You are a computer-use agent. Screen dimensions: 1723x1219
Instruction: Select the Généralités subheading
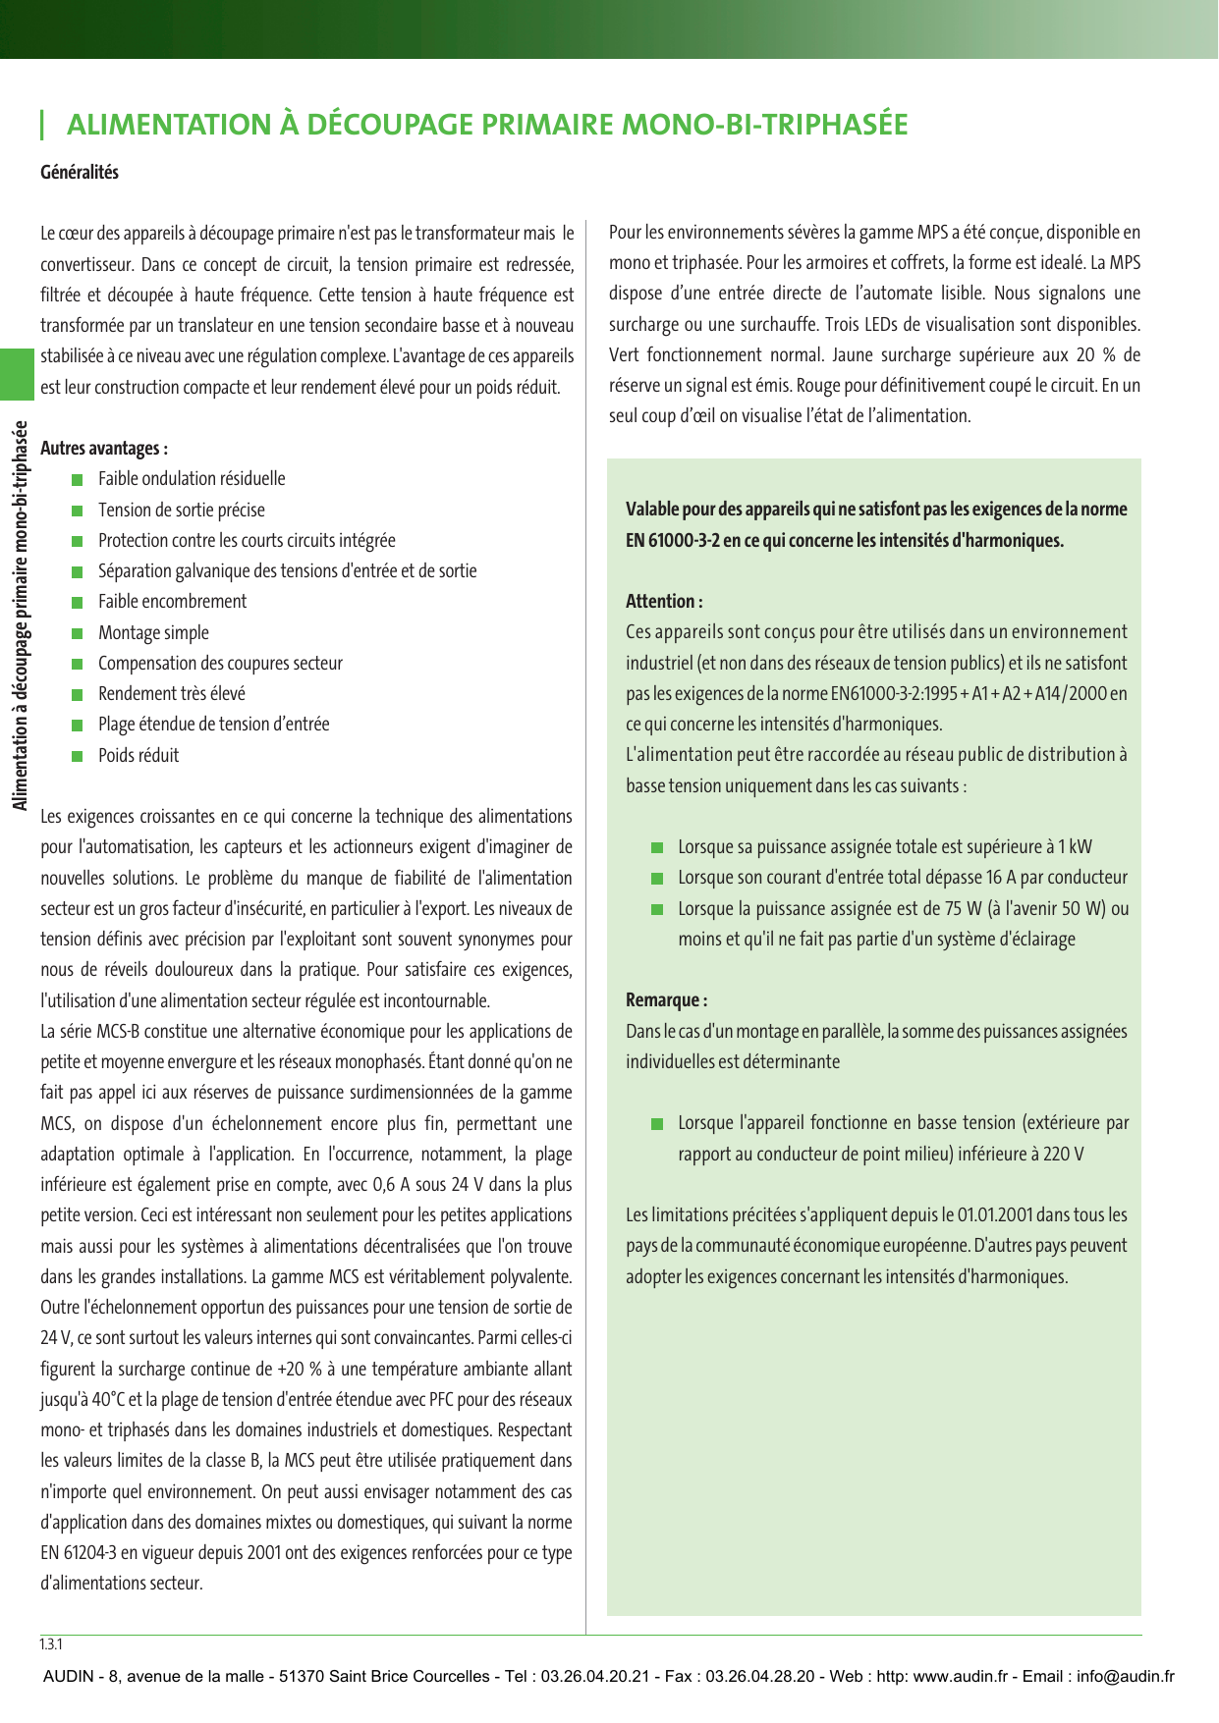[80, 173]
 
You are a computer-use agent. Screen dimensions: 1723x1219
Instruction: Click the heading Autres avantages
[104, 449]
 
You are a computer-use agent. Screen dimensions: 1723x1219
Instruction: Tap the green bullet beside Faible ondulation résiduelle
[78, 480]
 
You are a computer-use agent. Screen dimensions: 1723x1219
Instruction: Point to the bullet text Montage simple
[153, 633]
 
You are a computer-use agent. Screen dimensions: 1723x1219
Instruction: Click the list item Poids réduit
[139, 756]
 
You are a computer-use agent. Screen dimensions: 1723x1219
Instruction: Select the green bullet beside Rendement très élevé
[78, 695]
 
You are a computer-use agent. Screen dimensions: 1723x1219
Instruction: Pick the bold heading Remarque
[666, 1000]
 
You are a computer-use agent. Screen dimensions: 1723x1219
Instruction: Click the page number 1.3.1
[51, 1644]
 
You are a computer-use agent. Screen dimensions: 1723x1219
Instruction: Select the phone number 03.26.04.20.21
[595, 1676]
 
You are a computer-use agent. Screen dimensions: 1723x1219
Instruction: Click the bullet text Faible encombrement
[172, 602]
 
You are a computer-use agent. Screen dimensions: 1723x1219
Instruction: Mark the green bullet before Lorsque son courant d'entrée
[657, 879]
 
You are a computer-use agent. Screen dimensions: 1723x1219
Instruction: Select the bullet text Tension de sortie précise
[181, 511]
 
